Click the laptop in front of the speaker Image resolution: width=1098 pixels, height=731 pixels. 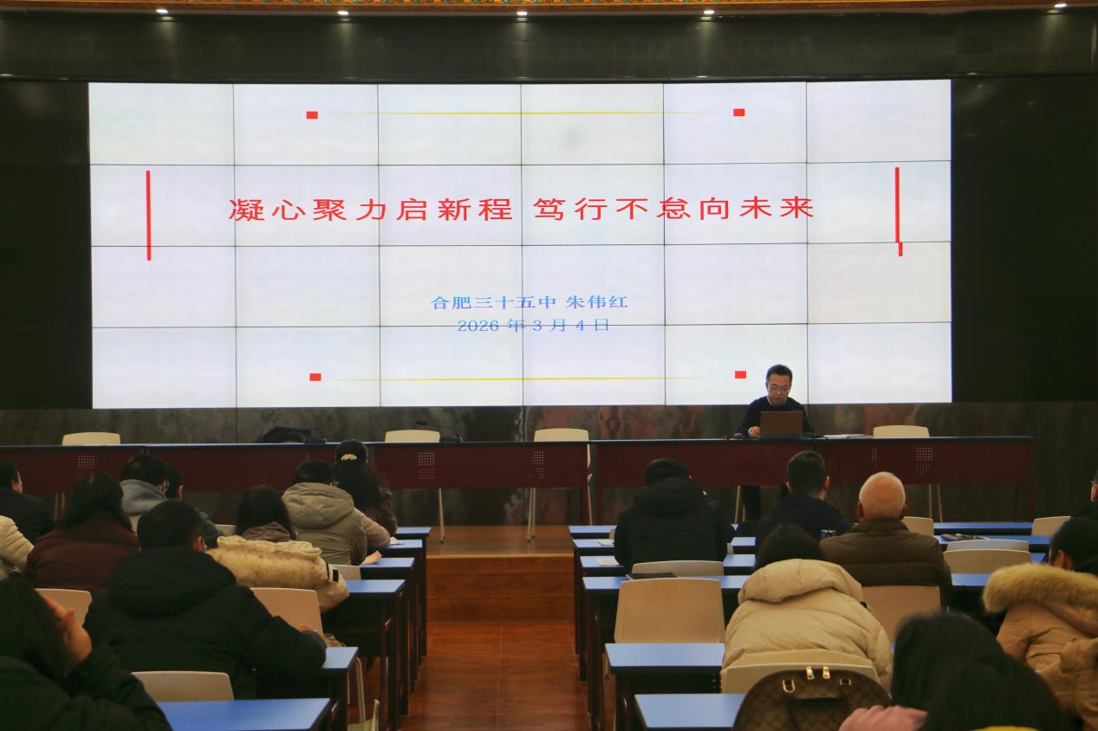tap(781, 422)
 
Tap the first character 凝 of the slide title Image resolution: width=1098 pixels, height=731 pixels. tap(246, 210)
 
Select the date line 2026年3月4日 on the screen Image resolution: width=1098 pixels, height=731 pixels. tap(533, 326)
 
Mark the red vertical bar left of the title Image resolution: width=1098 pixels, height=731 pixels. tap(148, 215)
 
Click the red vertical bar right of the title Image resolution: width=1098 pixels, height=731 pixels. tap(898, 211)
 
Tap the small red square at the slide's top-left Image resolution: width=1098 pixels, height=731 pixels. tap(312, 114)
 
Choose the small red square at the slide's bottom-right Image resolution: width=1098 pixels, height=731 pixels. tap(740, 374)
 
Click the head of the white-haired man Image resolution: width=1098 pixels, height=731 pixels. tap(881, 495)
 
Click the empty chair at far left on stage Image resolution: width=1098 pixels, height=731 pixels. tap(90, 438)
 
